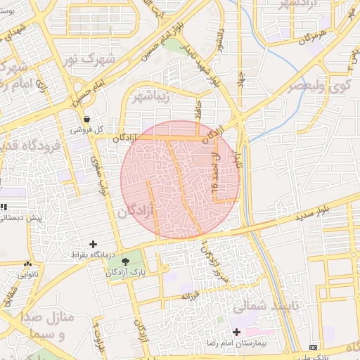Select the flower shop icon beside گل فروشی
(x=86, y=120)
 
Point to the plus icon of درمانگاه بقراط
(x=94, y=243)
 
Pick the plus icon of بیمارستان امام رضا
(x=236, y=331)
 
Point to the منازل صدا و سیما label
(x=48, y=326)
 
